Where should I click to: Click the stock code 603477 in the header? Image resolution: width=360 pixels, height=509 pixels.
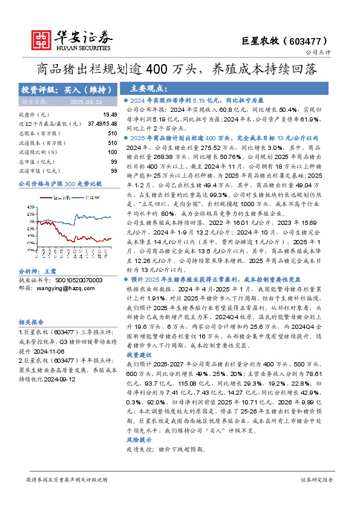(313, 41)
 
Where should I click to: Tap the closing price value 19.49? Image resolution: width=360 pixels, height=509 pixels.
(110, 114)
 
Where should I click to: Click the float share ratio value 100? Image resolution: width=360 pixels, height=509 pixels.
(112, 152)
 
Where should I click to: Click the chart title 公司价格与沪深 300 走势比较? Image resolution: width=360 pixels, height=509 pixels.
(61, 183)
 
